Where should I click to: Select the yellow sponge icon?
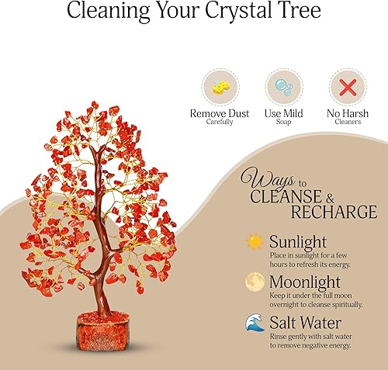click(220, 85)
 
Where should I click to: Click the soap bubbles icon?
click(284, 85)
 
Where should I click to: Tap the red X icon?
click(348, 85)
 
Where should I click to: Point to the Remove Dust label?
click(220, 114)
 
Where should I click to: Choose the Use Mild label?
click(284, 114)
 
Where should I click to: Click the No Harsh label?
click(348, 114)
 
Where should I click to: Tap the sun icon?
click(254, 242)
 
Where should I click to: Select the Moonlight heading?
click(305, 279)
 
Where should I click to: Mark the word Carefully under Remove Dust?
click(220, 123)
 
